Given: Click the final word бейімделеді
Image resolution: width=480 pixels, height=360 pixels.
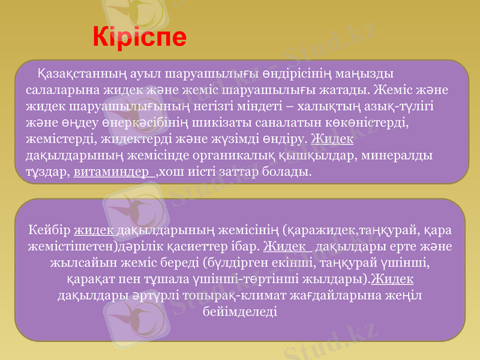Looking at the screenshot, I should click(x=240, y=312).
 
